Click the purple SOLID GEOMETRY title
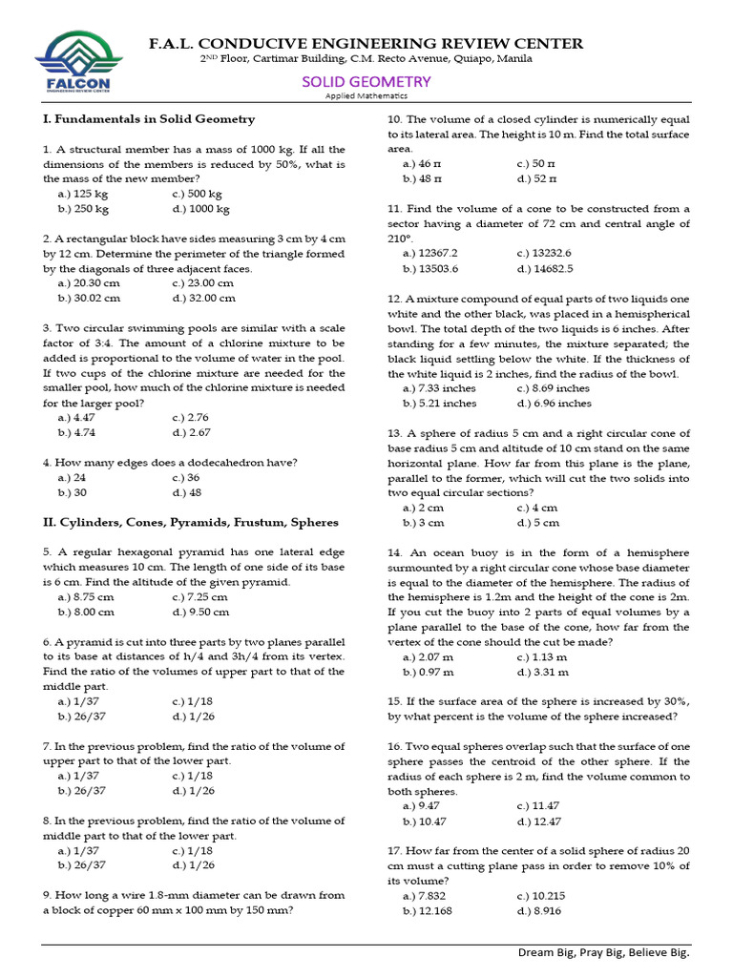point(366,81)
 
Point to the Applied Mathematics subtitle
point(366,95)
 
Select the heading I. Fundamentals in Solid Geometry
point(149,119)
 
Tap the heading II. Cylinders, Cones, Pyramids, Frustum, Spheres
point(191,522)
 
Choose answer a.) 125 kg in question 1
point(83,194)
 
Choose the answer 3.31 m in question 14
point(542,672)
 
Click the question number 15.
point(394,701)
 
